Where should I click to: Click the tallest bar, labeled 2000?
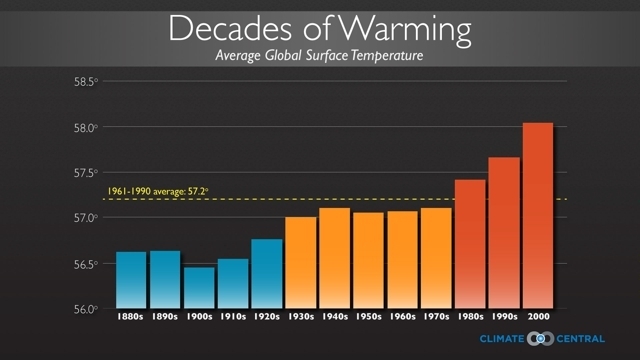[x=538, y=215]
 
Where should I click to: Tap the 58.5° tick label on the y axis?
[x=84, y=81]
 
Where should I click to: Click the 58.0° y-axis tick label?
[x=84, y=127]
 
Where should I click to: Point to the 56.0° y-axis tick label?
[x=84, y=309]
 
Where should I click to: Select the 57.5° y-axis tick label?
[x=84, y=172]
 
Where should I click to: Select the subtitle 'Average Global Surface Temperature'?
[x=319, y=55]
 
